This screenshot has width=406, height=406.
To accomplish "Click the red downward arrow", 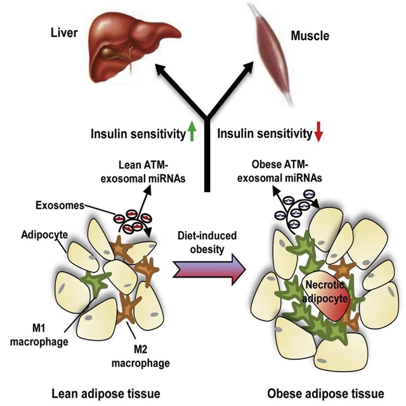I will (x=318, y=132).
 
